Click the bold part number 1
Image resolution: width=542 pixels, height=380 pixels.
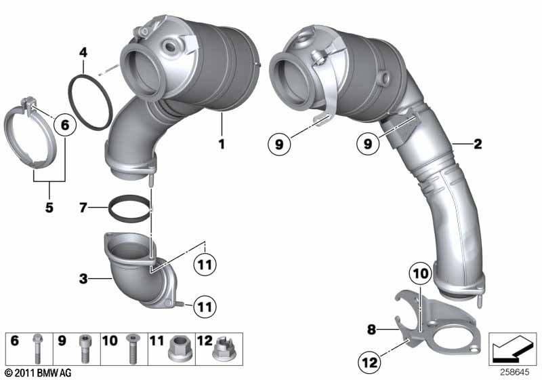point(220,145)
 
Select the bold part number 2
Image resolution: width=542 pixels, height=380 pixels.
point(478,144)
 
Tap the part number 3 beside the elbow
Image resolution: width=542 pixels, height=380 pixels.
point(82,278)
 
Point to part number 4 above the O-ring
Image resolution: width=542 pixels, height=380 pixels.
point(83,52)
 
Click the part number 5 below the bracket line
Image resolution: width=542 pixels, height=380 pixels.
point(49,208)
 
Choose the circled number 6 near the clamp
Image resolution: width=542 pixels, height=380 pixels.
point(65,125)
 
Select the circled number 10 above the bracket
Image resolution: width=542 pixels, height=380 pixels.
point(419,274)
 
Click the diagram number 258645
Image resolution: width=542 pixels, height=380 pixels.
point(518,370)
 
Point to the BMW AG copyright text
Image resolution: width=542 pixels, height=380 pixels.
point(34,373)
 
